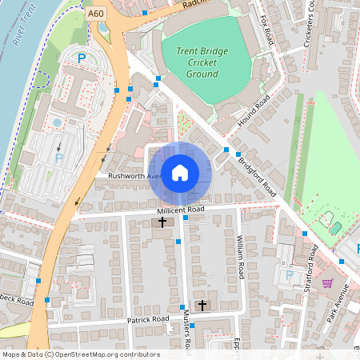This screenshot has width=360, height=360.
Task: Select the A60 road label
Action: [96, 13]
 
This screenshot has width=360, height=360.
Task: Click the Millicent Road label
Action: [180, 209]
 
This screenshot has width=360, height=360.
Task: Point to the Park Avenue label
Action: [339, 301]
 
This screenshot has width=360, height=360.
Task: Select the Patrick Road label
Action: [148, 319]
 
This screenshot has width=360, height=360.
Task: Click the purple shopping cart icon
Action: [326, 282]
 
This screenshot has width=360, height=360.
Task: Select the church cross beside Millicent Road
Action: [162, 221]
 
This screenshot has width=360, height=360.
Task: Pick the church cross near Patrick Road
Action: [202, 305]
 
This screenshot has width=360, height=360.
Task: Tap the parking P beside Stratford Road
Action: [290, 275]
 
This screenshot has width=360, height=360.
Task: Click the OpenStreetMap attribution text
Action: [80, 354]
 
